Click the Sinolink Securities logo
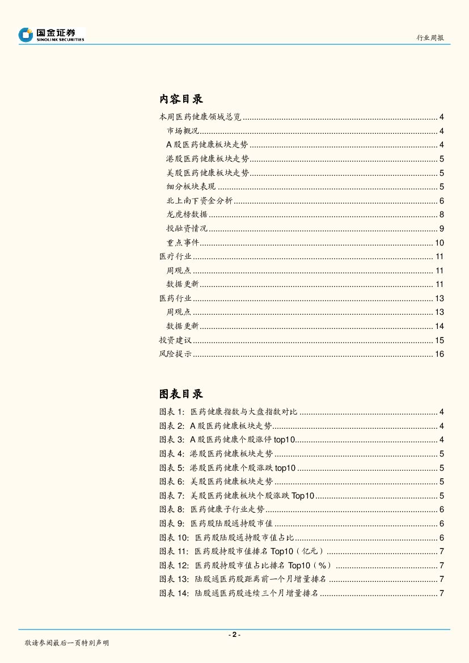51,35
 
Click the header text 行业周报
430,37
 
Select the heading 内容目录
181,99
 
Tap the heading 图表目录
181,394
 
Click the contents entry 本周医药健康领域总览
200,117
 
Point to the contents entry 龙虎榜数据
187,214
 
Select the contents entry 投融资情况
187,229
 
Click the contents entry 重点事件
183,243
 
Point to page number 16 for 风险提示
439,354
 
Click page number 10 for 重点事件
439,243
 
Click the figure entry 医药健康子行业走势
227,509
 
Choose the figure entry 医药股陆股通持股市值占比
244,538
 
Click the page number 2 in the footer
234,635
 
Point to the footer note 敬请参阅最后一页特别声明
67,643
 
